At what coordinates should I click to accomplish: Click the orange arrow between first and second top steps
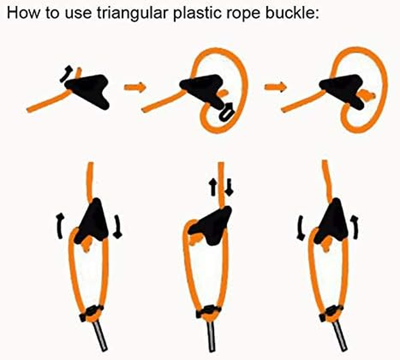click(x=135, y=87)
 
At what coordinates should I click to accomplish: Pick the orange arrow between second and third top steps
click(x=275, y=87)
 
